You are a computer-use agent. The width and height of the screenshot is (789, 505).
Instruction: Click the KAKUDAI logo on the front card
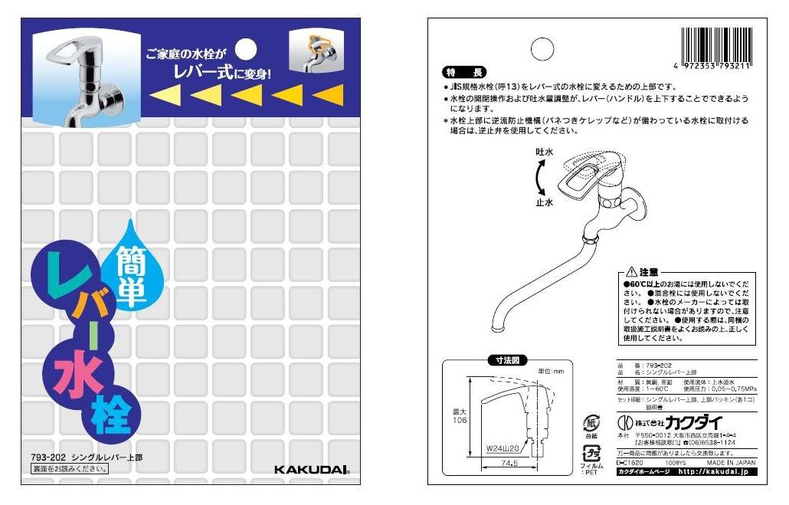(312, 469)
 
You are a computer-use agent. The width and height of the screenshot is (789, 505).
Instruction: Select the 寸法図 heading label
(507, 359)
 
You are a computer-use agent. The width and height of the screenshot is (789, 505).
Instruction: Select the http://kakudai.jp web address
(716, 472)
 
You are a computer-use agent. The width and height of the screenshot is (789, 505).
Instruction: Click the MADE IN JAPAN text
(731, 464)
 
